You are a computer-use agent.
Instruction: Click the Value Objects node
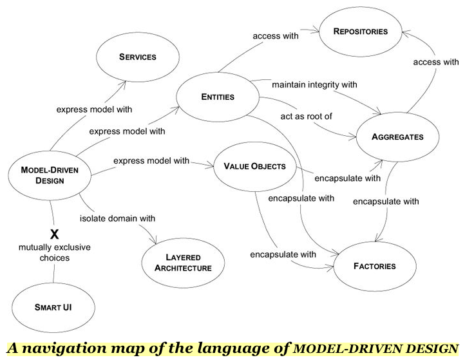pos(254,166)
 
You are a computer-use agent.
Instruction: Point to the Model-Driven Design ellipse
pos(50,175)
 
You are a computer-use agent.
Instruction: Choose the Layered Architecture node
pos(182,263)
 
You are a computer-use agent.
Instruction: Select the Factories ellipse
pos(374,265)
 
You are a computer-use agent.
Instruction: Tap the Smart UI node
pos(53,308)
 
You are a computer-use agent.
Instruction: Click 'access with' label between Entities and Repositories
pos(275,36)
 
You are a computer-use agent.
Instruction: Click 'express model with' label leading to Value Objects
pos(151,160)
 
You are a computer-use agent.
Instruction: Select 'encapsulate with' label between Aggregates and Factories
pos(386,202)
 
